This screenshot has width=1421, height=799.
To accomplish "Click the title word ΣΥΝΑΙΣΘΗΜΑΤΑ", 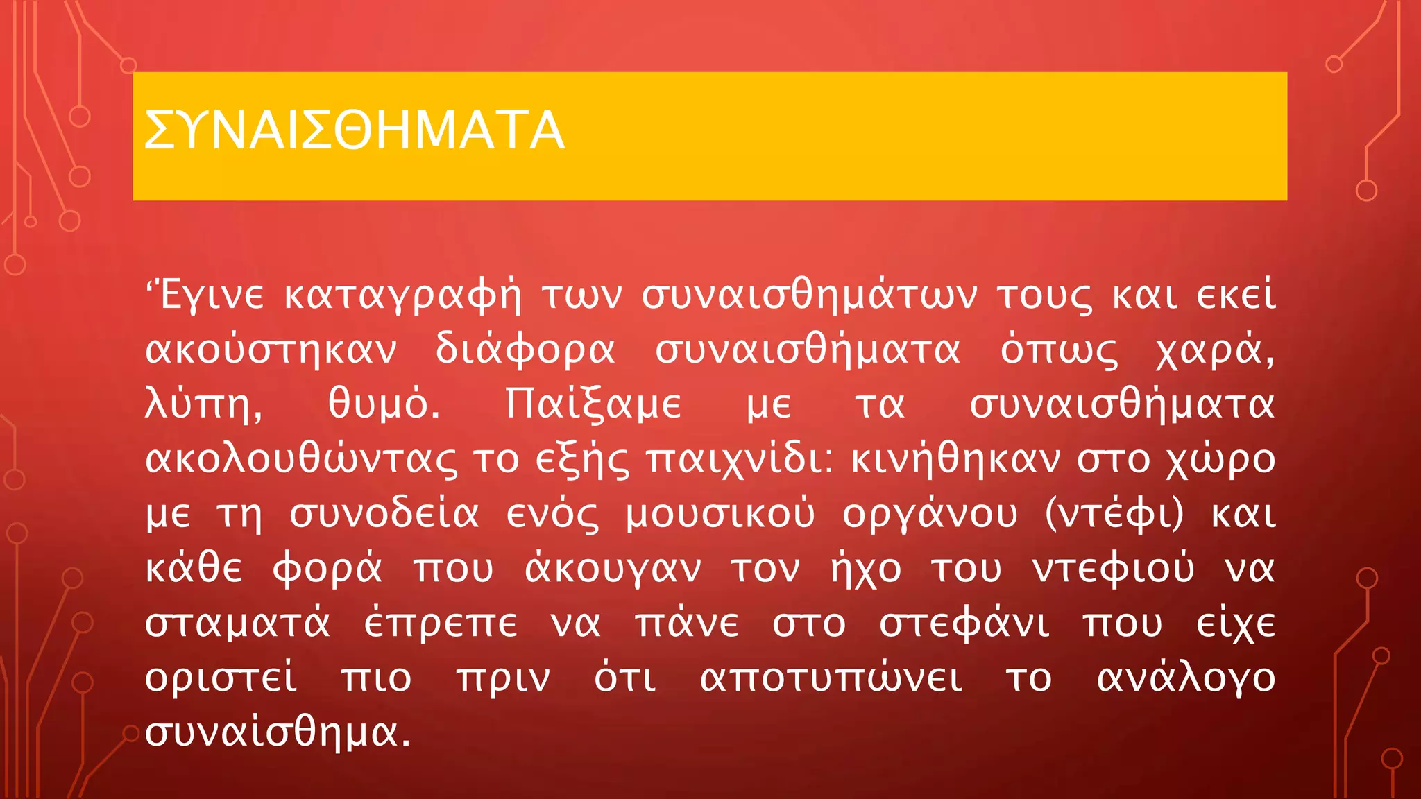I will click(354, 131).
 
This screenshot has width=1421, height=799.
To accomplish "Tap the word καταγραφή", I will click(402, 295).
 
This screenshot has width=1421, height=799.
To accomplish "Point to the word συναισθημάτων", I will click(809, 295).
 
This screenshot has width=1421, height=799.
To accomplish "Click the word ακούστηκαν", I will click(271, 350).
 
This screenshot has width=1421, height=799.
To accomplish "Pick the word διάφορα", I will click(525, 350).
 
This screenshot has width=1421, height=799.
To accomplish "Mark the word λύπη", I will click(204, 404).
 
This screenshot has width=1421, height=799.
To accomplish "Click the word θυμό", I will click(384, 404).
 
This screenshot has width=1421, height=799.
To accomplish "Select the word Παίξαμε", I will click(593, 404).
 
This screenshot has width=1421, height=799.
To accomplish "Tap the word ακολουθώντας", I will click(301, 459).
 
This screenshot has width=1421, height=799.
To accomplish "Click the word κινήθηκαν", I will click(955, 459).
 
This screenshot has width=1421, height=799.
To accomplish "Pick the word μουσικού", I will click(720, 514).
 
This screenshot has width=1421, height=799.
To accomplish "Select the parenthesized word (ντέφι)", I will click(1114, 514).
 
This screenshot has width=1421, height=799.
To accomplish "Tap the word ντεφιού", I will click(1113, 569).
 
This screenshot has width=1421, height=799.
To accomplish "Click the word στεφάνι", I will click(964, 623).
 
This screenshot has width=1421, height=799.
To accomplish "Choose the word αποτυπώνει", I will click(831, 678).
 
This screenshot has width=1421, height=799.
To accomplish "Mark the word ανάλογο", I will click(1186, 678).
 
